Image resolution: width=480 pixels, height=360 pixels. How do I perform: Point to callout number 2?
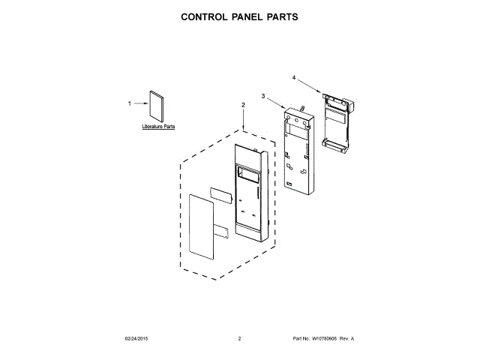[243, 104]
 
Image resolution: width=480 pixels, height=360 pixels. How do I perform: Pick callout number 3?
[263, 96]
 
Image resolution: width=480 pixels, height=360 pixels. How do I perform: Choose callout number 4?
[293, 77]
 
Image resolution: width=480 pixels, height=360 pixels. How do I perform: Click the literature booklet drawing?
[156, 105]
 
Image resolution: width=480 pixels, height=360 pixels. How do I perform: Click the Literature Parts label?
[158, 127]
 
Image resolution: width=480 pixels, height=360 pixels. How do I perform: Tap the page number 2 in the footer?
[239, 339]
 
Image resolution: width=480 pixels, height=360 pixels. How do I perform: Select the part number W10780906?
[323, 339]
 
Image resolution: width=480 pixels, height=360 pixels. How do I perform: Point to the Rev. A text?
[347, 339]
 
